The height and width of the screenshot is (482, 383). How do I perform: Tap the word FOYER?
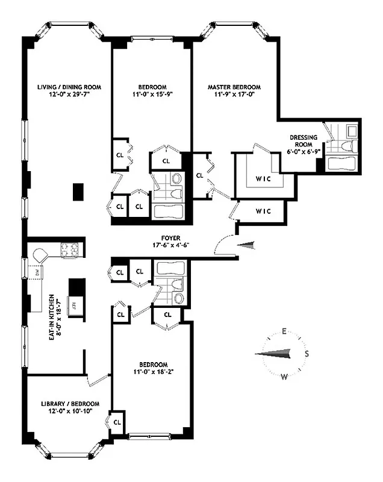(172, 237)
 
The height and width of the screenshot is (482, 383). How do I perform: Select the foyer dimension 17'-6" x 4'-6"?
(172, 245)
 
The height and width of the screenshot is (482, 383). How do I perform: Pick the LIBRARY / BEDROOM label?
(66, 403)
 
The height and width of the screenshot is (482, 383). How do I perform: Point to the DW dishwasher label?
(36, 272)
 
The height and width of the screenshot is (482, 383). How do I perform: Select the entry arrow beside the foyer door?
(248, 245)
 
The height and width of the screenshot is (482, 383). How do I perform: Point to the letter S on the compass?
(307, 354)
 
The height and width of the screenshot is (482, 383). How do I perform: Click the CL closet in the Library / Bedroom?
(118, 419)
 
